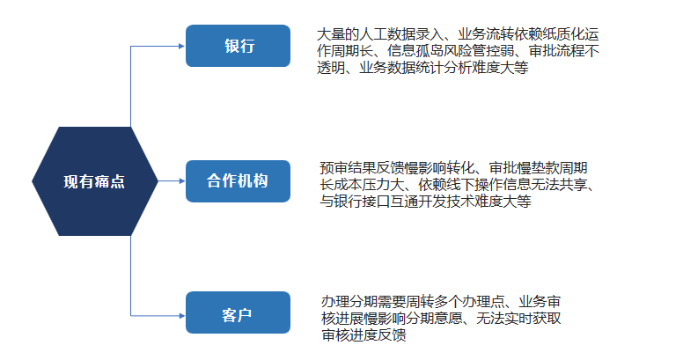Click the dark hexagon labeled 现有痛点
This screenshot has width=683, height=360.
94,181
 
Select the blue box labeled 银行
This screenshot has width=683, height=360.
238,46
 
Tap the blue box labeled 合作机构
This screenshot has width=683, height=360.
238,181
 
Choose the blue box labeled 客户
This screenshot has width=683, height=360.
238,312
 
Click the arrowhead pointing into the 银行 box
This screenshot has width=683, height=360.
182,46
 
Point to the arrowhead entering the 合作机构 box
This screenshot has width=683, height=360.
182,180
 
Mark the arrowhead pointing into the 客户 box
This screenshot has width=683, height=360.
182,315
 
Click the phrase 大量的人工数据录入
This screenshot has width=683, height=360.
380,34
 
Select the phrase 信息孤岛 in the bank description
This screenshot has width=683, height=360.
415,50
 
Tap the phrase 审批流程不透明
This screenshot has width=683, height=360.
458,59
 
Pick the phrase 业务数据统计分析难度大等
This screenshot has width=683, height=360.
444,68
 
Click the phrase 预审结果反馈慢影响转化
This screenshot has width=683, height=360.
397,168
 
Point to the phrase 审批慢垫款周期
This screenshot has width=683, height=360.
538,168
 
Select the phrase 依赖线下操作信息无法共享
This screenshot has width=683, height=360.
503,184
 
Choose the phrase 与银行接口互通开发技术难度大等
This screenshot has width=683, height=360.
426,202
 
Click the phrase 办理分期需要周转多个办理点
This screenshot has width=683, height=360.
413,302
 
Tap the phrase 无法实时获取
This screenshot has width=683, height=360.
518,318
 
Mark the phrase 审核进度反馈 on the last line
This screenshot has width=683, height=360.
364,334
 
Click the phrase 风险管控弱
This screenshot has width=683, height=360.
479,50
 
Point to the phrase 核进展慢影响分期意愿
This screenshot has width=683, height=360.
392,318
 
